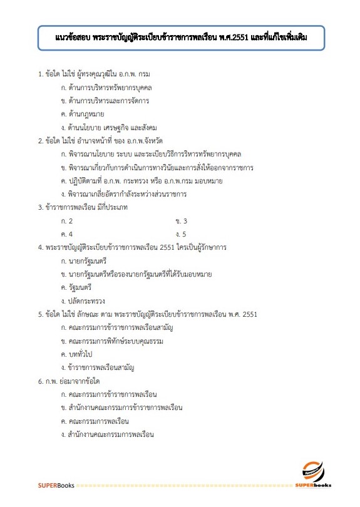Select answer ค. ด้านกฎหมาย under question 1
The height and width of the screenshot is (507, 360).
coord(82,114)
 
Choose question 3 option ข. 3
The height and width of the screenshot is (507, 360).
coord(182,221)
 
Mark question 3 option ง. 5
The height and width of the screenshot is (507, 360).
coord(182,234)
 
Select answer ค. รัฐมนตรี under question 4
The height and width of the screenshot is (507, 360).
coord(76,287)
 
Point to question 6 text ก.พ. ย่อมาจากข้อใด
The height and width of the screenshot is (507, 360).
coord(73,381)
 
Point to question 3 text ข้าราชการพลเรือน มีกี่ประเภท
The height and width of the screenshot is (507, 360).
coord(83,207)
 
